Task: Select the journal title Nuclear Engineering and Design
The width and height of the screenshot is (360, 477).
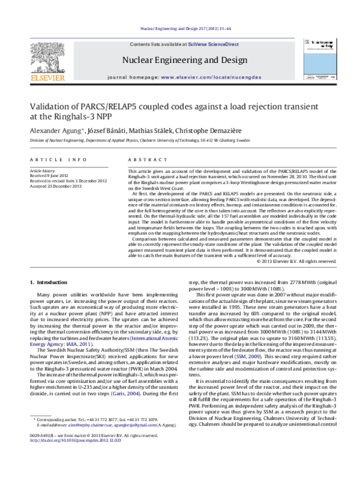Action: (x=184, y=60)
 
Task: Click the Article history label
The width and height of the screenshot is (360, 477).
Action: (x=45, y=171)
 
